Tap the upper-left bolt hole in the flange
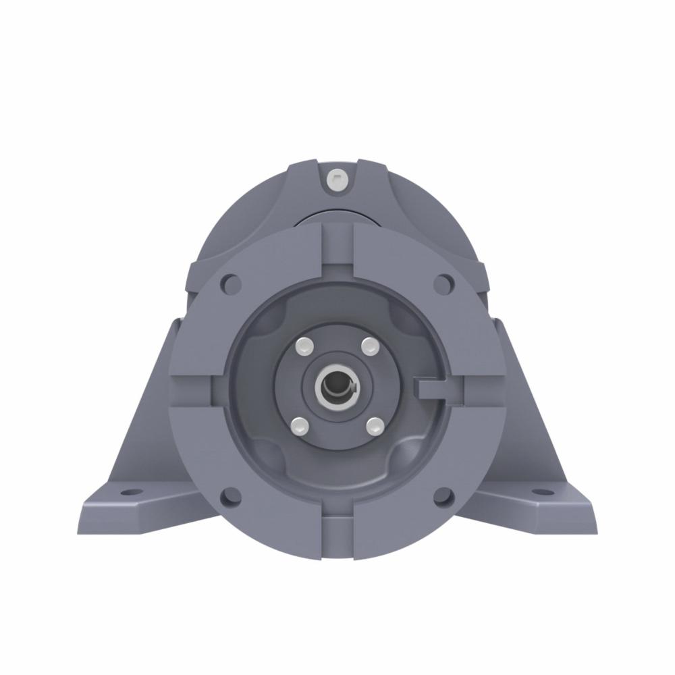pos(232,284)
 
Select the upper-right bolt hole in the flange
pos(443,284)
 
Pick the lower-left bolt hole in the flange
pos(231,497)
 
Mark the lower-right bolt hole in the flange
pos(443,497)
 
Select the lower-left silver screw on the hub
pos(300,425)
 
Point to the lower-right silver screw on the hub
pos(374,425)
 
